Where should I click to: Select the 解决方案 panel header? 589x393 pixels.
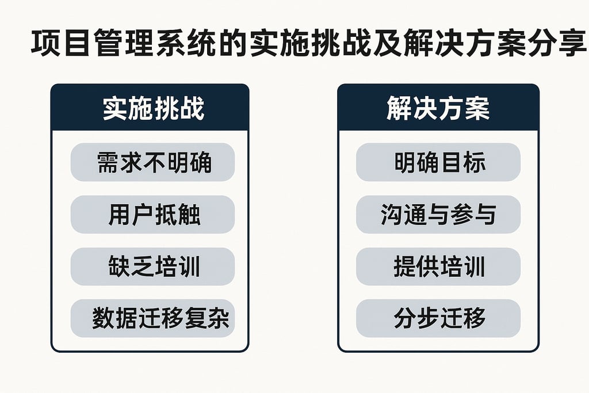(438, 109)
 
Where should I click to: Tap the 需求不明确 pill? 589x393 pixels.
(152, 162)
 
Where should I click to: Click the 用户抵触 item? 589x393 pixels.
(152, 215)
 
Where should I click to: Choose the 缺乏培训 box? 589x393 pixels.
(152, 266)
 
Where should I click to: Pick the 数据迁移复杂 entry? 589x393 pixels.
(152, 318)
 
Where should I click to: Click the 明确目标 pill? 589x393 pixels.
(438, 162)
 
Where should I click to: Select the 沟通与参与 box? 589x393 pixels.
(438, 215)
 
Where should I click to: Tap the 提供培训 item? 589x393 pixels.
(438, 266)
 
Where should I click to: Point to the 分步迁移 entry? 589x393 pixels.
(438, 318)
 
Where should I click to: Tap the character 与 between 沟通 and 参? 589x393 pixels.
(438, 215)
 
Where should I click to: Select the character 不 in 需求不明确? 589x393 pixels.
(154, 162)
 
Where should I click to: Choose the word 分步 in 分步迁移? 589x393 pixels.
(416, 318)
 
